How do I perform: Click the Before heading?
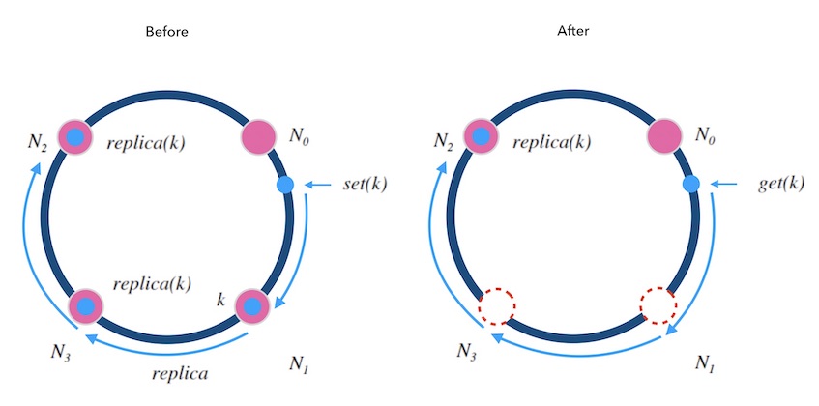tap(165, 32)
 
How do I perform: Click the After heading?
tap(572, 32)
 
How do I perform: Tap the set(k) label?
tap(365, 184)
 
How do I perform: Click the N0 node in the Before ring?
tap(259, 136)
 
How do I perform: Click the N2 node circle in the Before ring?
tap(74, 136)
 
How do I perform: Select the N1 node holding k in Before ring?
tap(252, 306)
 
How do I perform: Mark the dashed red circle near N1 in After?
tap(658, 306)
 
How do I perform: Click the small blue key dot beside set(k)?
tap(284, 184)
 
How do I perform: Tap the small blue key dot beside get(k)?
tap(691, 184)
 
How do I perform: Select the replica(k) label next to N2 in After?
tap(551, 143)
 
